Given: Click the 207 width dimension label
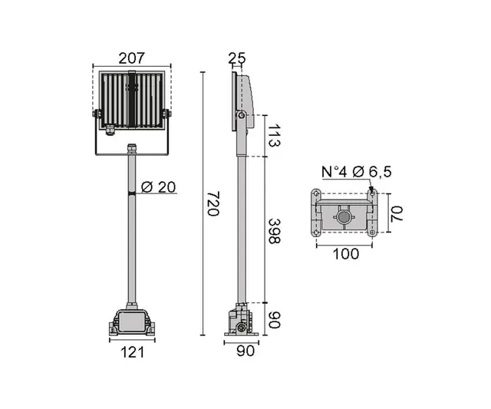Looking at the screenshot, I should click(x=131, y=58).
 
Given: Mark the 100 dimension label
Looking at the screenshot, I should click(x=347, y=254).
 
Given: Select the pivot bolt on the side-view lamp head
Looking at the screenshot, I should click(x=241, y=116).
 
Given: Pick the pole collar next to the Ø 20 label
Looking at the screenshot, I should click(x=131, y=195).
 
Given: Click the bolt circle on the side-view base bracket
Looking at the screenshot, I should click(x=243, y=328).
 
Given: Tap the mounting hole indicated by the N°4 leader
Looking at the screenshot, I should click(x=371, y=192).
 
